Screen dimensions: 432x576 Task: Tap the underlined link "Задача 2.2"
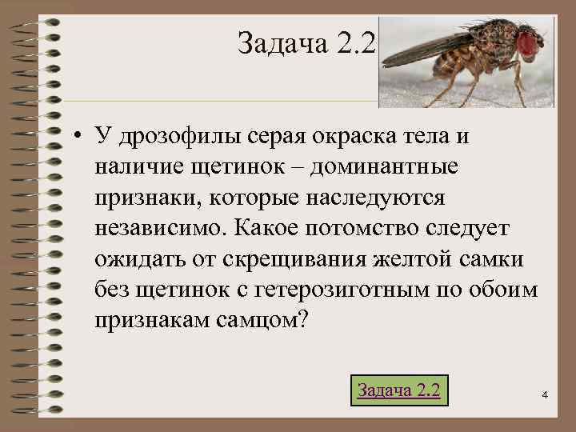click(398, 390)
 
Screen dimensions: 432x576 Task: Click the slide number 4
click(544, 394)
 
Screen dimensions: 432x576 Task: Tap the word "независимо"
click(159, 227)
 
